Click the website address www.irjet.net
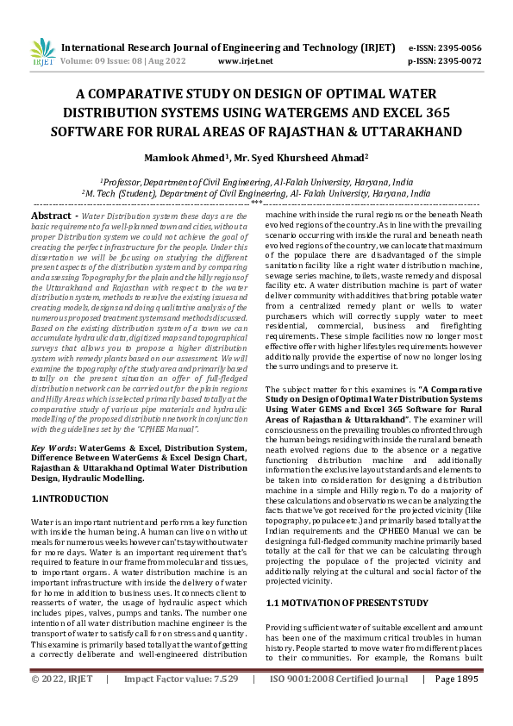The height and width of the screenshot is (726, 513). [246, 61]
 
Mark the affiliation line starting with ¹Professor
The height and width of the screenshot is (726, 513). [256, 182]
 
